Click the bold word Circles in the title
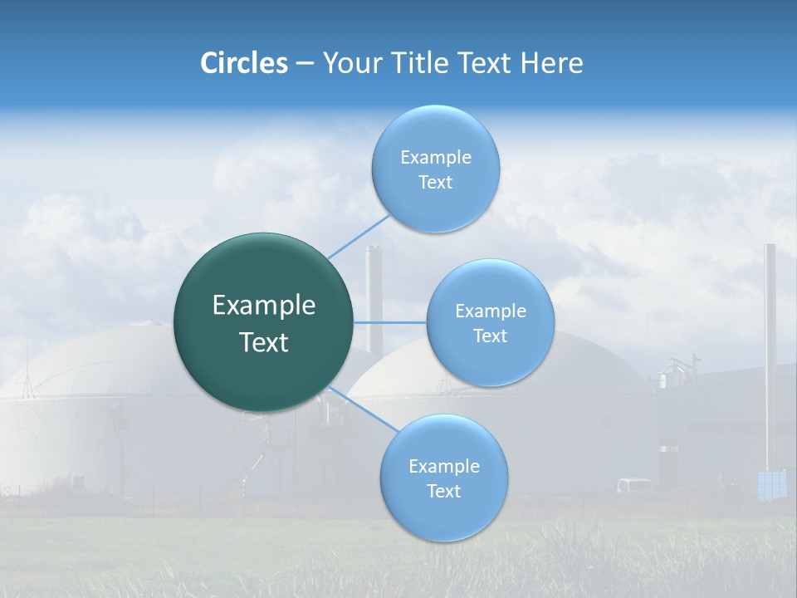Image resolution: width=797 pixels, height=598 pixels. click(244, 63)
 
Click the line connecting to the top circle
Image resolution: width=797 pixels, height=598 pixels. click(359, 236)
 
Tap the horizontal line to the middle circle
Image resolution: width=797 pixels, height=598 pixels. click(390, 322)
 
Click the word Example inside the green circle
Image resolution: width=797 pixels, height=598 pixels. click(264, 306)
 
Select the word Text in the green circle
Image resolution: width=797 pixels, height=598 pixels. click(264, 342)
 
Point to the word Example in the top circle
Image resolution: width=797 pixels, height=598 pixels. click(435, 158)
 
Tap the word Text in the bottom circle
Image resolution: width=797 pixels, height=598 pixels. click(444, 492)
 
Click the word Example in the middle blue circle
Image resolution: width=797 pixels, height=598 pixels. click(490, 311)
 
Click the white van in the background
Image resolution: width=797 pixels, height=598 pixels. click(634, 485)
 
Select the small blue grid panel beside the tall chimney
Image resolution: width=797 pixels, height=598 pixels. click(772, 484)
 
